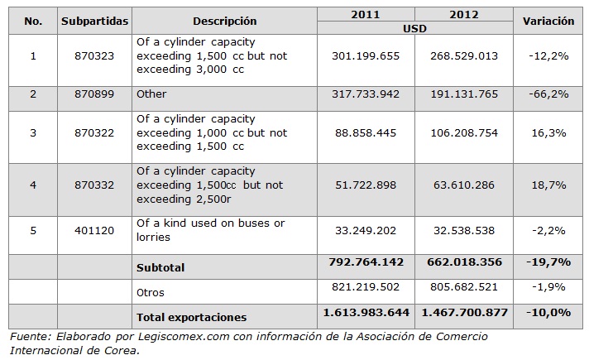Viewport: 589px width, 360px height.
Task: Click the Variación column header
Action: (x=548, y=21)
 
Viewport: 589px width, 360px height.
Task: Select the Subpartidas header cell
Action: (x=94, y=22)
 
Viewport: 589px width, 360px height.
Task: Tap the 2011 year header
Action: (x=366, y=15)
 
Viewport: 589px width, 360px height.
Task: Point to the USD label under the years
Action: (x=414, y=29)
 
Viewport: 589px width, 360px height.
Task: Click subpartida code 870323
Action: (x=94, y=56)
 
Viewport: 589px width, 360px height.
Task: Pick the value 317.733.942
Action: (x=366, y=94)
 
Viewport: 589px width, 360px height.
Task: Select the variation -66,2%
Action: (x=548, y=94)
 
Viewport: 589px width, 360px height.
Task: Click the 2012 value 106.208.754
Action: (x=464, y=133)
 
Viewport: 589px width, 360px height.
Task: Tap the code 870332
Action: (x=94, y=185)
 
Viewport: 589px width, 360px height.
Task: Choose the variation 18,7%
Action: (x=548, y=185)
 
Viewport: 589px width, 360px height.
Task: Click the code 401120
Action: (x=94, y=230)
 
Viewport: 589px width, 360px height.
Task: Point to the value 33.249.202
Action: (x=366, y=230)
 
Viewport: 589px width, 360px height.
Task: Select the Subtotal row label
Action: (x=160, y=267)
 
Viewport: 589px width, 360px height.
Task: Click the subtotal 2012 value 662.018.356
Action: (x=464, y=262)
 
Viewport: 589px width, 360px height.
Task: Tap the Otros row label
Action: (x=151, y=292)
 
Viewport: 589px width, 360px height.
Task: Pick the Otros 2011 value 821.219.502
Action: (x=366, y=287)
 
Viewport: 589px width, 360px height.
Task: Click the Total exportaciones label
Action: (x=192, y=317)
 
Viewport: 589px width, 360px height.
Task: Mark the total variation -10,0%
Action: (x=548, y=312)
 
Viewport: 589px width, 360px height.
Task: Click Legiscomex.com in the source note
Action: (x=184, y=337)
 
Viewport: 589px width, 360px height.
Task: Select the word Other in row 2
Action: (x=151, y=94)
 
